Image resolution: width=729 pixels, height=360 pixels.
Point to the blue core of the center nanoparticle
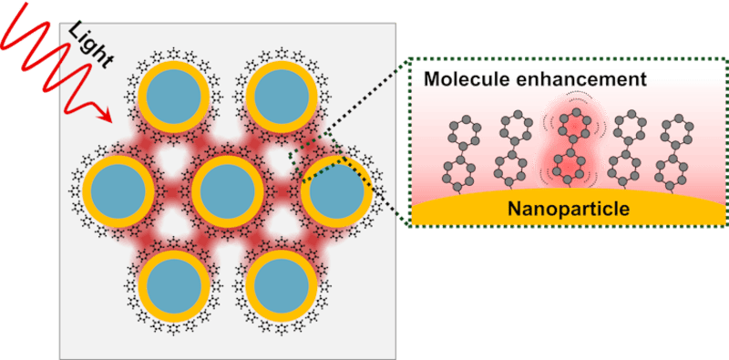coord(224,190)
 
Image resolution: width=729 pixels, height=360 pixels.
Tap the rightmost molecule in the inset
coord(679,150)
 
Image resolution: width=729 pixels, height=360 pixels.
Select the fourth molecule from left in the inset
coord(627,150)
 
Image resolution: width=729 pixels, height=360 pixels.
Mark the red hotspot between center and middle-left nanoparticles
coord(171,190)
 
